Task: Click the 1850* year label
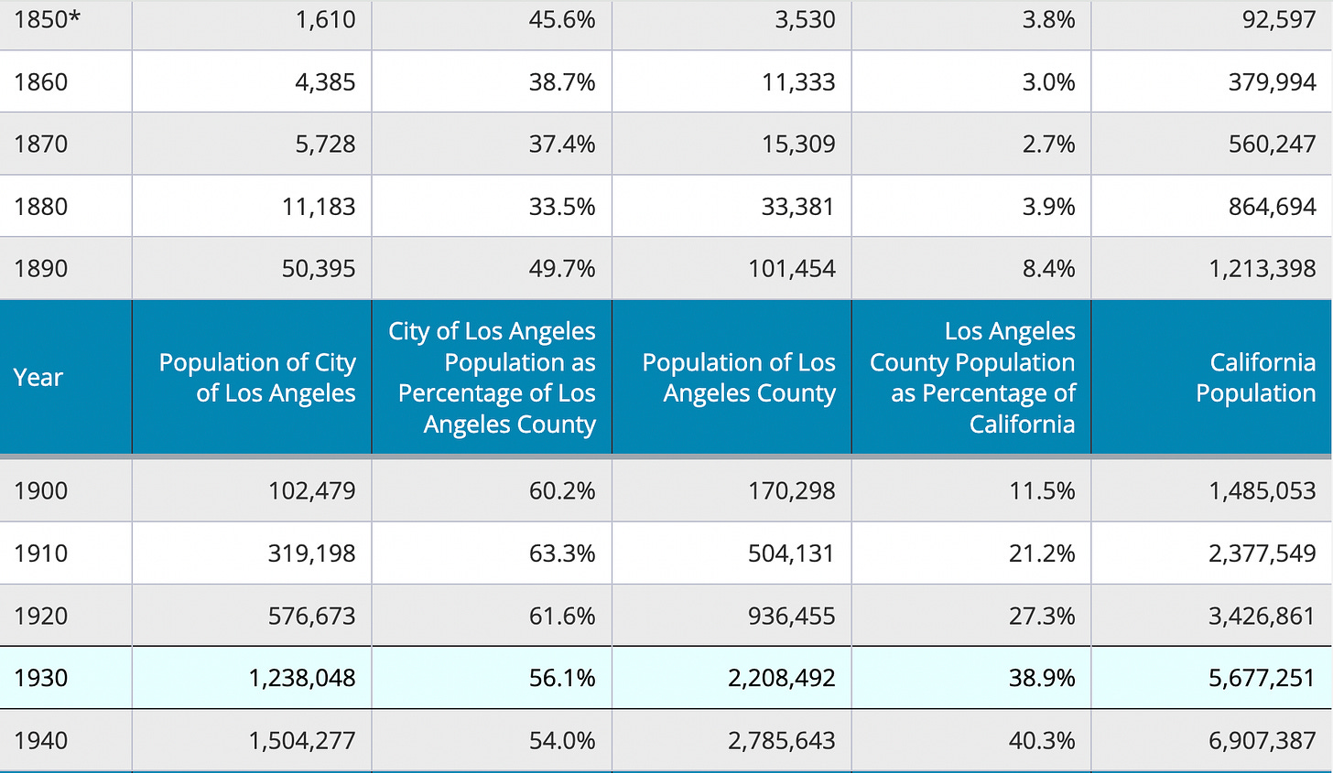[x=47, y=20]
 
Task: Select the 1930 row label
[x=41, y=678]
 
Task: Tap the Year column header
[x=38, y=377]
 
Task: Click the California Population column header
[x=1255, y=377]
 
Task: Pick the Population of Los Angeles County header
[x=739, y=377]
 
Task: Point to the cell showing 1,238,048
[x=302, y=678]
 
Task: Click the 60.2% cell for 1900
[x=562, y=491]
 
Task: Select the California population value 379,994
[x=1272, y=82]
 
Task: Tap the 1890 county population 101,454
[x=791, y=269]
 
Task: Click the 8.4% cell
[x=1048, y=269]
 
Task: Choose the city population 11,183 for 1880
[x=319, y=207]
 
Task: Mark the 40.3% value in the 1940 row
[x=1042, y=740]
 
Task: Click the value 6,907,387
[x=1262, y=740]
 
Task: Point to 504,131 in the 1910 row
[x=791, y=553]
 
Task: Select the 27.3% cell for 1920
[x=1042, y=616]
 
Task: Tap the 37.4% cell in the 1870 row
[x=562, y=145]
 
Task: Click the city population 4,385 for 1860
[x=325, y=82]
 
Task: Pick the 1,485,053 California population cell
[x=1262, y=491]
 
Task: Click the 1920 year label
[x=41, y=616]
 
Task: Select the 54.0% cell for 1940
[x=562, y=740]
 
